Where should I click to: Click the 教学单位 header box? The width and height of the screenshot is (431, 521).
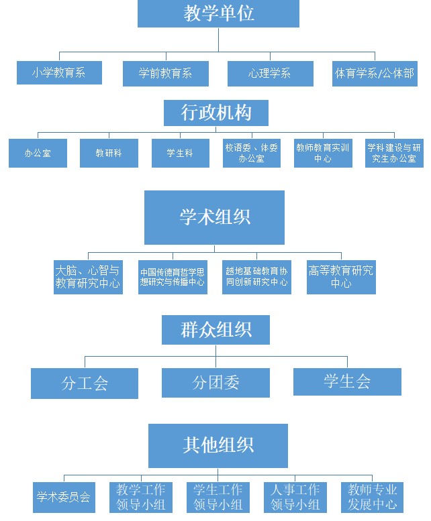click(218, 13)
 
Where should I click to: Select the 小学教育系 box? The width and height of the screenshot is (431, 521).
click(59, 73)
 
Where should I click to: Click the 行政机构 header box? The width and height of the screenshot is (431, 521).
click(215, 113)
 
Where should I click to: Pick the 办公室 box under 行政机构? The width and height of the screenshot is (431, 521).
click(38, 153)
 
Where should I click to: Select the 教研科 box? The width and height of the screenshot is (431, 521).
click(109, 153)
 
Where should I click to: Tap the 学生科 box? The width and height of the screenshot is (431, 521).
click(180, 153)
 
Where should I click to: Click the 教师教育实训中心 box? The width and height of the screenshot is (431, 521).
click(323, 153)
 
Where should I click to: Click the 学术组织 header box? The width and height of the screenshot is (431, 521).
click(214, 217)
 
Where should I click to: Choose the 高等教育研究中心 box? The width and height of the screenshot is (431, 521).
click(341, 276)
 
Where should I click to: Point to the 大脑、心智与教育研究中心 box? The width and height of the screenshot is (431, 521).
click(88, 276)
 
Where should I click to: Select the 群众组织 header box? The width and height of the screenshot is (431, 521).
click(215, 330)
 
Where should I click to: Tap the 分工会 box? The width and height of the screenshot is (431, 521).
click(85, 383)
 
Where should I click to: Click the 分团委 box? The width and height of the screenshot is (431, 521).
click(215, 382)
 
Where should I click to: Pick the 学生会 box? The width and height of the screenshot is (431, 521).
click(347, 382)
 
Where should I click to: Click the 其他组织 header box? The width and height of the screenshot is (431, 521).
click(218, 445)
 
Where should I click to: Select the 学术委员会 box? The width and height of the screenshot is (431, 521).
click(63, 497)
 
